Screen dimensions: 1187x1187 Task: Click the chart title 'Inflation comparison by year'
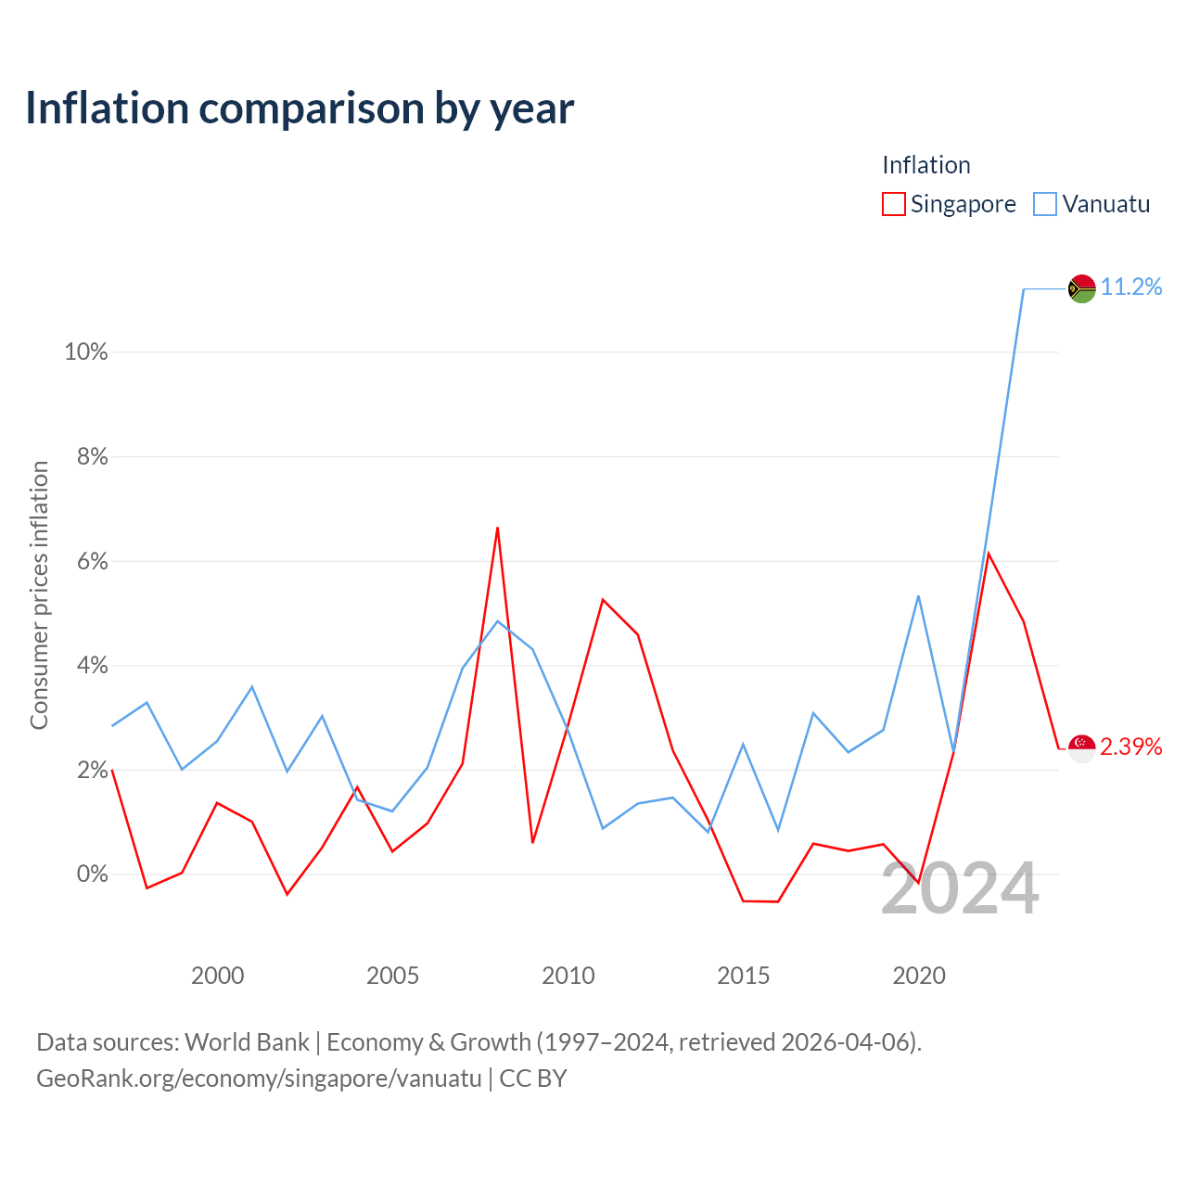[300, 108]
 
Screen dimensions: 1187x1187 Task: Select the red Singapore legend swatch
[893, 204]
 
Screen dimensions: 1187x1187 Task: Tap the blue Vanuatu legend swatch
[1045, 204]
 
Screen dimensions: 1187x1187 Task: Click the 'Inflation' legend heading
[925, 165]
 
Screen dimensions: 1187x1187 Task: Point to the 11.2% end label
[1131, 287]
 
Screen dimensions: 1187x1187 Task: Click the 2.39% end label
[1131, 747]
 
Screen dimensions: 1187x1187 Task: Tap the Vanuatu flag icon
[1081, 288]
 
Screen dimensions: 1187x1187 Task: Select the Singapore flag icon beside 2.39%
[1081, 748]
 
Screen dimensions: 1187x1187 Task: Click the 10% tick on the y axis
[86, 352]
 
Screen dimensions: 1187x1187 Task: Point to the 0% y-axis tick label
[93, 874]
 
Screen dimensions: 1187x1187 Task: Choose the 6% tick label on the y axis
[93, 561]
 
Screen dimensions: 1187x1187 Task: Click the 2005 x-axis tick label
[392, 976]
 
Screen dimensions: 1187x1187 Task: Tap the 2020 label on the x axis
[918, 976]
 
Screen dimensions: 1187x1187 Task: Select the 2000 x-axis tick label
[217, 976]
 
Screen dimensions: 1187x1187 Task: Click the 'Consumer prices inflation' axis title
[40, 595]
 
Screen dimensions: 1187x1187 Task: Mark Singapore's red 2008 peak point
[497, 528]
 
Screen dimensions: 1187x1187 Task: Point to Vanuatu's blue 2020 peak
[918, 596]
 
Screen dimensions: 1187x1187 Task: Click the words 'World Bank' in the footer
[247, 1042]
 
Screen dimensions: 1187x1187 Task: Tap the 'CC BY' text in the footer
[533, 1078]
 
